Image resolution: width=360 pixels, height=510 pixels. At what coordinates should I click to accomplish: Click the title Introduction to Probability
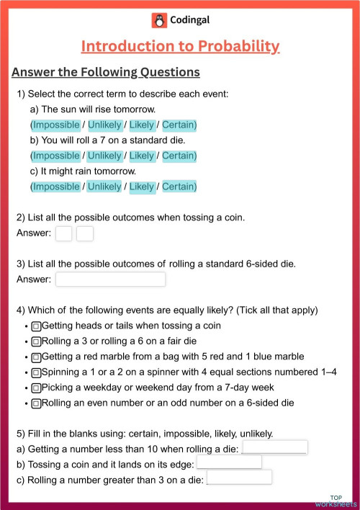180,47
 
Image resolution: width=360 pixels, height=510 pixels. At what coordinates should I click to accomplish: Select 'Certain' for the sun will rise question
178,125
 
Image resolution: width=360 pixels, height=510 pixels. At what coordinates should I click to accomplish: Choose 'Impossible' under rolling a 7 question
56,156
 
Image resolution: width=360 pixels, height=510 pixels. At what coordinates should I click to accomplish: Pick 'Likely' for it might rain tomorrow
142,187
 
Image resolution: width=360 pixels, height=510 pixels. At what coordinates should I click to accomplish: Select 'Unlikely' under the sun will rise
104,125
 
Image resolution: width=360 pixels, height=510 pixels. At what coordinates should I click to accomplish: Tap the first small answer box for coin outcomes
64,233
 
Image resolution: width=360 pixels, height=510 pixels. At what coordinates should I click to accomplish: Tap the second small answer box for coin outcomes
85,233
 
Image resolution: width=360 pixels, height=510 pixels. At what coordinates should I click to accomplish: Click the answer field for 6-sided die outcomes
110,279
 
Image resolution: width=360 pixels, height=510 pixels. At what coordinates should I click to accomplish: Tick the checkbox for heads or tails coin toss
36,326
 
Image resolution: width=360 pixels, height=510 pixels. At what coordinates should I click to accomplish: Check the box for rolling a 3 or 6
36,341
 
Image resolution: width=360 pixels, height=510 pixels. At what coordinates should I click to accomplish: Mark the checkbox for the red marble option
36,357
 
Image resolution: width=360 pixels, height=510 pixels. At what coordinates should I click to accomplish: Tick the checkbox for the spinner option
36,372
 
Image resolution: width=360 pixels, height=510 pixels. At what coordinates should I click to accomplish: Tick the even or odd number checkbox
36,403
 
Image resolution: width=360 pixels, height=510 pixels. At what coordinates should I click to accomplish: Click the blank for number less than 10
275,448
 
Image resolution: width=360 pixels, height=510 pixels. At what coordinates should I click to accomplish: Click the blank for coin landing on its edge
229,462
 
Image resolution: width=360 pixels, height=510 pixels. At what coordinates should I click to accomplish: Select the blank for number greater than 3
239,477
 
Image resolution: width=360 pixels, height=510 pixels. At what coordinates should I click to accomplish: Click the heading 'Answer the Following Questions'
106,72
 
